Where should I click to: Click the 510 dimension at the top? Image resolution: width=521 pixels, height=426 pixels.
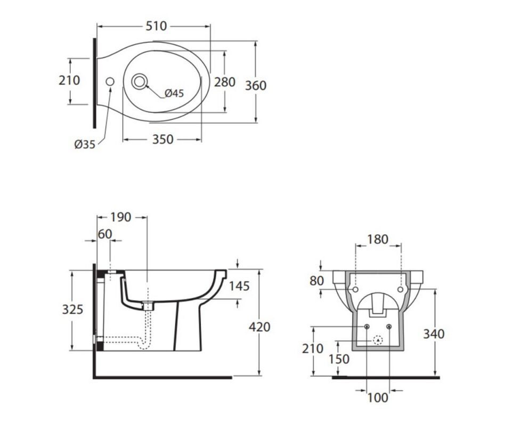156,26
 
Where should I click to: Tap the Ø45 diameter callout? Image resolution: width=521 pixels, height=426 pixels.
174,93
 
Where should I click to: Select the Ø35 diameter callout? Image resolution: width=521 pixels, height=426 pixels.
85,144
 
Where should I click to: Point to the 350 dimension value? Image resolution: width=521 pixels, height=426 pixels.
163,139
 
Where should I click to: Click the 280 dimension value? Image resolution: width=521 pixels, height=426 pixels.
225,82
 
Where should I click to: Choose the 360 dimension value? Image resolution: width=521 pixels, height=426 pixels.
256,85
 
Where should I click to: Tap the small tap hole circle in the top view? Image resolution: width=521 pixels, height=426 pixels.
110,81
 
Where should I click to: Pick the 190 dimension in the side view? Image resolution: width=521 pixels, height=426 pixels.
120,217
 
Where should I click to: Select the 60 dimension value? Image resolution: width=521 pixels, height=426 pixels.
105,234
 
